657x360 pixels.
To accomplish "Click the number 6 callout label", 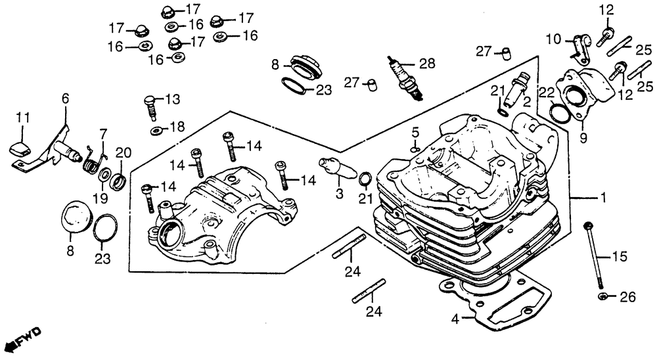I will [x=65, y=98].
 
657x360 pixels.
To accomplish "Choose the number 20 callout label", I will [x=120, y=154].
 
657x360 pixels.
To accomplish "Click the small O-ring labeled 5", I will [x=415, y=149].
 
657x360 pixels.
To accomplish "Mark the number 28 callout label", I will [x=427, y=63].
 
